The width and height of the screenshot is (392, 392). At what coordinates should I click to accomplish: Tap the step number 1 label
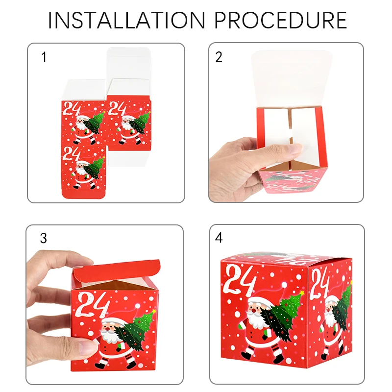click(44, 57)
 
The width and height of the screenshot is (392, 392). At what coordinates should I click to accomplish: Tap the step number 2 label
click(219, 57)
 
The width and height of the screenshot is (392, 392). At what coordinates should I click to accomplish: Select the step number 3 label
click(44, 239)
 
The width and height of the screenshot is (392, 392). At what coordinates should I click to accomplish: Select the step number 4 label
click(219, 239)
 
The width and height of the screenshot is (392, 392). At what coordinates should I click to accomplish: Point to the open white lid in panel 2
click(292, 78)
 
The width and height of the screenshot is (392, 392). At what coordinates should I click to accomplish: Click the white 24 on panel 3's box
click(94, 307)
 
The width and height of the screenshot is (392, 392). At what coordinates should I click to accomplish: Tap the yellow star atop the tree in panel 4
click(302, 294)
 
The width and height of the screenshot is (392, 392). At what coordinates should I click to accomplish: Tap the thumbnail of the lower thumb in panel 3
click(87, 347)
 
